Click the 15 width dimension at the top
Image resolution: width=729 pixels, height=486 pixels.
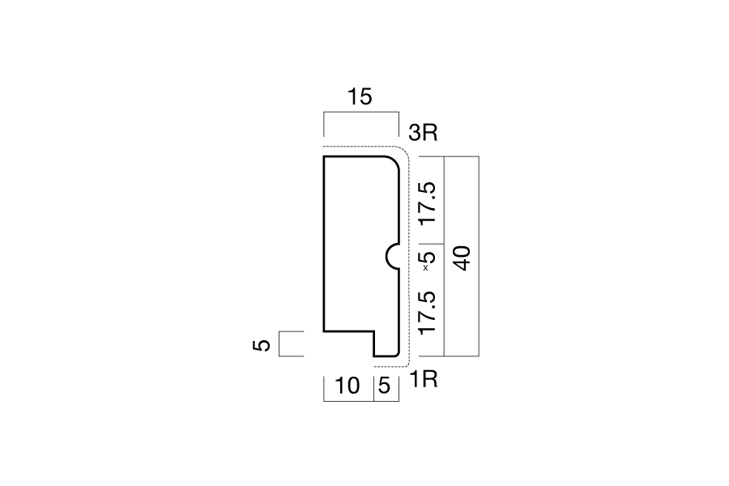tap(360, 96)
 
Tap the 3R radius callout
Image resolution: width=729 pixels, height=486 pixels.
tap(423, 133)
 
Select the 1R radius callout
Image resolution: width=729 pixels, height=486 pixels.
tap(424, 380)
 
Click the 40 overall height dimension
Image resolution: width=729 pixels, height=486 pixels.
tap(462, 258)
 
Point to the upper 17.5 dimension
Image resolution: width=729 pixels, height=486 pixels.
tap(428, 203)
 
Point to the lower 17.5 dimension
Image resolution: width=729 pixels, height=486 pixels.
tap(428, 313)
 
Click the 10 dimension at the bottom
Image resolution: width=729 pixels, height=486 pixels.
tap(347, 386)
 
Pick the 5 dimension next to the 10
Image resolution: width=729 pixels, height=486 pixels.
tap(385, 386)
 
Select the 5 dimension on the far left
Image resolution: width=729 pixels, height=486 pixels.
tap(262, 345)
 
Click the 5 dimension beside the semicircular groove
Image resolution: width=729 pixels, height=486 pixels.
tap(428, 258)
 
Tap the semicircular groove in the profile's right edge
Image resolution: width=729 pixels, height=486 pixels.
tap(393, 257)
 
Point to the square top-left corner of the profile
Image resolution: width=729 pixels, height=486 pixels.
tap(324, 156)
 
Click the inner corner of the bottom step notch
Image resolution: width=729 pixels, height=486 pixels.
tap(374, 331)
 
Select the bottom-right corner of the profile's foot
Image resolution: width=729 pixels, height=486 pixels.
tap(399, 356)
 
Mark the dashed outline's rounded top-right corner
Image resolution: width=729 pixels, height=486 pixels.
tap(404, 151)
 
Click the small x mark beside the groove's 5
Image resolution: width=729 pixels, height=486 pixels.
tap(425, 268)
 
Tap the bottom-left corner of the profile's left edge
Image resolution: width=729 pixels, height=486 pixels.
tap(324, 331)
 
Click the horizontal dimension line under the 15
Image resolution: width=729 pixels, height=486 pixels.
tap(361, 112)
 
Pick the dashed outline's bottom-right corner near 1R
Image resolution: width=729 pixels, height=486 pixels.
tap(407, 364)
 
